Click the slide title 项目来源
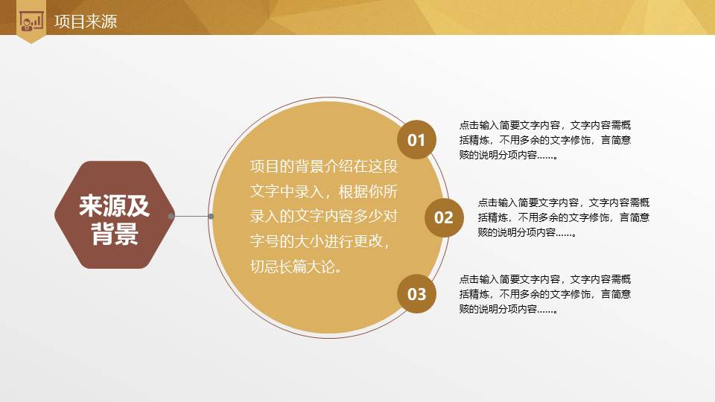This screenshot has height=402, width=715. tap(85, 22)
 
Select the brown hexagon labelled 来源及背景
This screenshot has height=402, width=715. tap(114, 214)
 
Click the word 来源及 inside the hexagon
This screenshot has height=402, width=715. tap(114, 205)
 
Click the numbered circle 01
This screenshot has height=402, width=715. tap(416, 140)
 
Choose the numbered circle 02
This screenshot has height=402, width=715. tap(443, 217)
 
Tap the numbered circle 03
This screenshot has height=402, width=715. tap(416, 294)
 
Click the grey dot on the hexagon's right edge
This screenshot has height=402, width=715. tap(171, 216)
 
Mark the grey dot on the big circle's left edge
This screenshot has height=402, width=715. tap(211, 216)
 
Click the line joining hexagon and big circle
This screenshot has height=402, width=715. tap(191, 216)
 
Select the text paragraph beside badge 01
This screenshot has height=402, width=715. tap(545, 140)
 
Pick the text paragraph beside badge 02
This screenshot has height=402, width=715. tap(564, 217)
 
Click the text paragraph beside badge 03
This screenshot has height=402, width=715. tap(545, 294)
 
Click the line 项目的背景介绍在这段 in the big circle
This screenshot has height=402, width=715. tap(325, 165)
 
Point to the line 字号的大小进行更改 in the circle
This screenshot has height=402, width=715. tap(320, 241)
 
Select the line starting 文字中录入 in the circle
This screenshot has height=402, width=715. tap(325, 191)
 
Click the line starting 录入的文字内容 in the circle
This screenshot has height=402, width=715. tap(325, 216)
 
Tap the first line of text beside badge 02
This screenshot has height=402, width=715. tap(564, 202)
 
